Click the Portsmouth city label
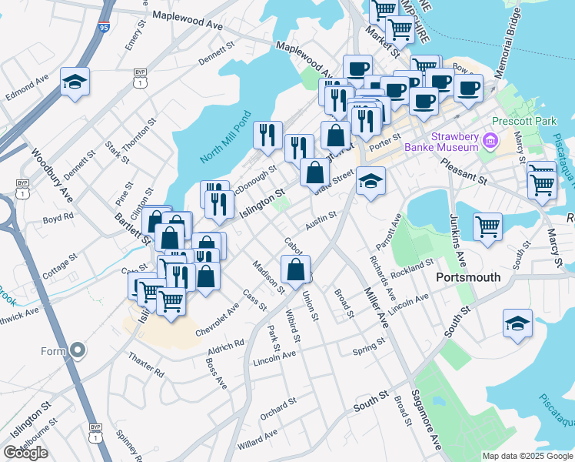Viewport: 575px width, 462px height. (467, 277)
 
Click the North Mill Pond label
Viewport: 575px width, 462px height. (226, 137)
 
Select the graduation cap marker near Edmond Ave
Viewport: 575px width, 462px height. (75, 82)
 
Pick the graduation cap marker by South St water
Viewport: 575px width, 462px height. (517, 324)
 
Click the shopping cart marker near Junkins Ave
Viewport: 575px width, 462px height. (487, 228)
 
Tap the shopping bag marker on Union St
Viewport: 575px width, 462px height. (296, 269)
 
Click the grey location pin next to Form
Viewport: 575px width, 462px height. (77, 351)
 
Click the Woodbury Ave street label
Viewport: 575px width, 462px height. (52, 177)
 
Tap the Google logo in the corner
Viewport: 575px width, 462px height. (25, 453)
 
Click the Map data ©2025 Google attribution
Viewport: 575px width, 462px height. (527, 456)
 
